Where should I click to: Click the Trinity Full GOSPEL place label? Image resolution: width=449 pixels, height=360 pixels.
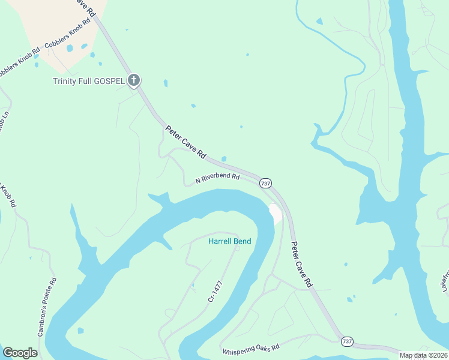pos(88,80)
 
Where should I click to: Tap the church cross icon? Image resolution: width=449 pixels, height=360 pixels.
pos(134,80)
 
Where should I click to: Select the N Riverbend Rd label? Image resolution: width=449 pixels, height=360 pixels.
pos(217,178)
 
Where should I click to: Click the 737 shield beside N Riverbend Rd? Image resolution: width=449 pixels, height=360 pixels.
pos(266,183)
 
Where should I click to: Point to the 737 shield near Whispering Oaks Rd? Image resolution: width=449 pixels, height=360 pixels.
pos(347,341)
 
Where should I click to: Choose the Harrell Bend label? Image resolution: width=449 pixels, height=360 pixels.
pos(229,242)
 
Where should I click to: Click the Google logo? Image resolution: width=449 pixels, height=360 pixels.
pos(20,353)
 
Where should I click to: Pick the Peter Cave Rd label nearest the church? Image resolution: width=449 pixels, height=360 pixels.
pos(185,142)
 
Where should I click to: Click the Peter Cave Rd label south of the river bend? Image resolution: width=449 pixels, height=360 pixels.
pos(302,264)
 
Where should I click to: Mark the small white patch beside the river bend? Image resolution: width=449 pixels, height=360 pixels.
pos(276,213)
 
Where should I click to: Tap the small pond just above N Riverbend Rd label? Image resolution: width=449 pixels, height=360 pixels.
pos(224,159)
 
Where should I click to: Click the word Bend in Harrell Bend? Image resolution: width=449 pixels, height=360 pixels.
pos(243,242)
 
